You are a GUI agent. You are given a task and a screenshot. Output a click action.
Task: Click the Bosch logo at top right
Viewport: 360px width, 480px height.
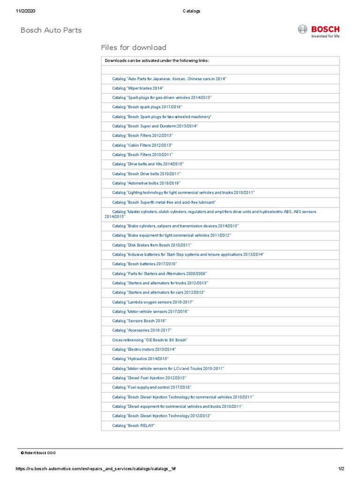pyautogui.click(x=319, y=31)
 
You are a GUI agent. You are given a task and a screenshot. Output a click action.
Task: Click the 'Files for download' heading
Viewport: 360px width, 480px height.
pyautogui.click(x=134, y=47)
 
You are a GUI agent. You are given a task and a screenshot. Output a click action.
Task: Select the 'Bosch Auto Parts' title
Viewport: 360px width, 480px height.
pyautogui.click(x=51, y=30)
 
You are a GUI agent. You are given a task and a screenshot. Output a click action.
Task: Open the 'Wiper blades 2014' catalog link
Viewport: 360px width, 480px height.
pyautogui.click(x=138, y=88)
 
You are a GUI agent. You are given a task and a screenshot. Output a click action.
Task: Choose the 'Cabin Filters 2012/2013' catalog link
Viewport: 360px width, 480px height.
pyautogui.click(x=142, y=145)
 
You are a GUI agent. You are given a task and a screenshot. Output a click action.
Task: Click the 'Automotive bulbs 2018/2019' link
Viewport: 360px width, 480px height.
pyautogui.click(x=146, y=183)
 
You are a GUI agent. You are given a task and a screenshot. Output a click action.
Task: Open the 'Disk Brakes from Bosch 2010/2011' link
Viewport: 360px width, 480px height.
pyautogui.click(x=152, y=245)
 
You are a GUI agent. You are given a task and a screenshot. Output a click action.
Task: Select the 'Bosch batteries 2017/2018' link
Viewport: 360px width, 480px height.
pyautogui.click(x=144, y=264)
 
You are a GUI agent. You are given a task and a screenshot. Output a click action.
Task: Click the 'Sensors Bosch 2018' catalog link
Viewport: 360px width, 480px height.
pyautogui.click(x=139, y=321)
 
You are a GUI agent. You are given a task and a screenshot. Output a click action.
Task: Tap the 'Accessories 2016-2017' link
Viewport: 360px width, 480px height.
pyautogui.click(x=142, y=330)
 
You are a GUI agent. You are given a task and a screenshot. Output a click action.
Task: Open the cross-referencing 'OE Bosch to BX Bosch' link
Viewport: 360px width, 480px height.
pyautogui.click(x=150, y=340)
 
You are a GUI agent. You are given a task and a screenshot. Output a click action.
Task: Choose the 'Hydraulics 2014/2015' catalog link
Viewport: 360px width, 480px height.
pyautogui.click(x=140, y=359)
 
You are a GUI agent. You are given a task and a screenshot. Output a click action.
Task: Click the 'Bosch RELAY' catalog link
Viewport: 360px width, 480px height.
pyautogui.click(x=134, y=425)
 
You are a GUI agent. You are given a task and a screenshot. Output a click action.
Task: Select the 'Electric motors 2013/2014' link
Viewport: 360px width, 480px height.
pyautogui.click(x=144, y=349)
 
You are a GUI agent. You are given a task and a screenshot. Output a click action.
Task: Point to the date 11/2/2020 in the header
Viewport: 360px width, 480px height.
pyautogui.click(x=26, y=11)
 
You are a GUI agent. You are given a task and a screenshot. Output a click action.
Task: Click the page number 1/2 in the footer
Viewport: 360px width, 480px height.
pyautogui.click(x=341, y=469)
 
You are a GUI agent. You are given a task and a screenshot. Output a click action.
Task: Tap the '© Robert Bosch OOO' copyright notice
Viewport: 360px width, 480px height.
pyautogui.click(x=38, y=453)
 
